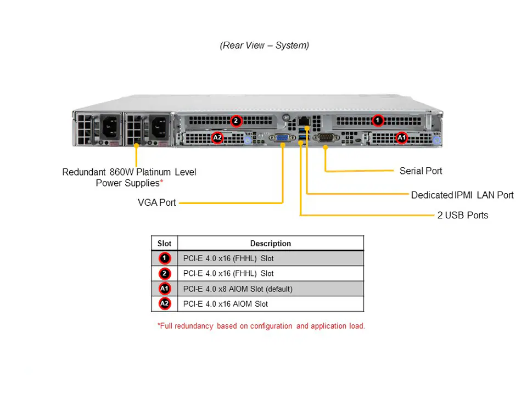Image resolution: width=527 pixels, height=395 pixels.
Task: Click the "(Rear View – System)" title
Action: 264,46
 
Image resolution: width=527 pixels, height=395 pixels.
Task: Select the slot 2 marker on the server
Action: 236,121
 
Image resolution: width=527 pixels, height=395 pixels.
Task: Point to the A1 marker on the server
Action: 401,137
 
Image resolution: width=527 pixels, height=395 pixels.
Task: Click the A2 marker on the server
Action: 217,137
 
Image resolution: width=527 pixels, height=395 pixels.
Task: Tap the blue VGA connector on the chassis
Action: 283,138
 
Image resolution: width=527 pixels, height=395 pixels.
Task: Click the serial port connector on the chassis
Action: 326,138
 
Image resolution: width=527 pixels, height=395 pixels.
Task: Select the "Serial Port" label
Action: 421,171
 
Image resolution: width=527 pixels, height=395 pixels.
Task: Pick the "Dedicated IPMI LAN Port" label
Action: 462,195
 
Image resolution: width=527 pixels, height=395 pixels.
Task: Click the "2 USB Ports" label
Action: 462,215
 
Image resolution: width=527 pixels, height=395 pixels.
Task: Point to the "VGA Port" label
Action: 157,202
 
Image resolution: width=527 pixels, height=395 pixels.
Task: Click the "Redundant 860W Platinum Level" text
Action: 129,172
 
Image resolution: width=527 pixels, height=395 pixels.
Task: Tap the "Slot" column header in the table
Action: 164,244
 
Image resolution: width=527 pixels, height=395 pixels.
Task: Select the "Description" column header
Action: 270,244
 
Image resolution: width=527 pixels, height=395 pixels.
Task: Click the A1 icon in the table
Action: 165,289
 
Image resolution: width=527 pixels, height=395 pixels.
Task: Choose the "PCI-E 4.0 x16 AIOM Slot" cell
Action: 226,304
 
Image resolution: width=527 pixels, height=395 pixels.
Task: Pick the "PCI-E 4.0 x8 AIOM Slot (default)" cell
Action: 238,289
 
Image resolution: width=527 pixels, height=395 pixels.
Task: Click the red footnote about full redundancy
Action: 261,326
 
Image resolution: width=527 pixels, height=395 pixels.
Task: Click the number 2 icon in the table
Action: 165,273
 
